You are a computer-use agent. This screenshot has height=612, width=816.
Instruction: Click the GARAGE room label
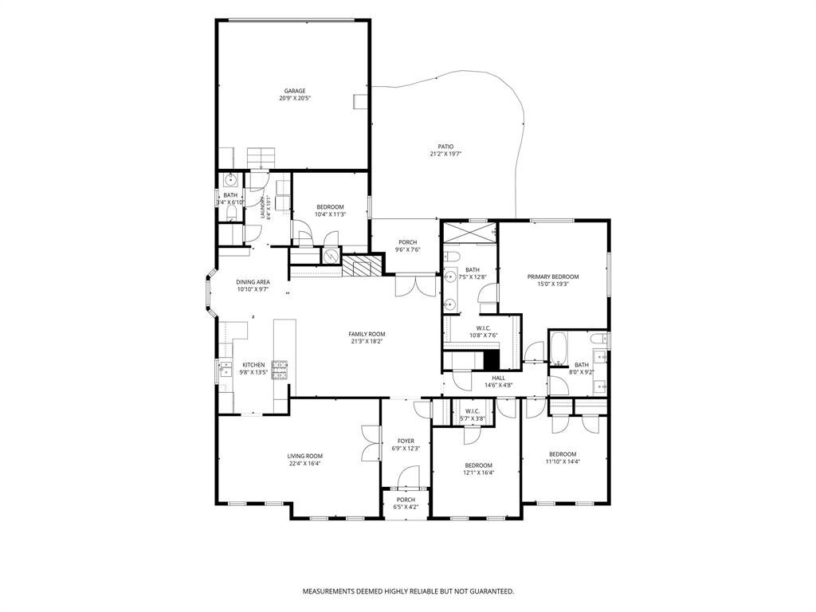click(x=295, y=91)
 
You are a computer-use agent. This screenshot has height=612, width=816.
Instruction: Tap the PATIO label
click(x=446, y=147)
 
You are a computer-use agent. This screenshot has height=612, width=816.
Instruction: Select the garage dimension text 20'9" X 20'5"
click(x=295, y=98)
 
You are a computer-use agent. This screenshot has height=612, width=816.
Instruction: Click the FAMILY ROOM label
click(x=367, y=334)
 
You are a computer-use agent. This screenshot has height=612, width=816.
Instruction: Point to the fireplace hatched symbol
click(x=363, y=265)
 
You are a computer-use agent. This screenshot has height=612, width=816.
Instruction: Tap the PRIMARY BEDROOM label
click(x=553, y=277)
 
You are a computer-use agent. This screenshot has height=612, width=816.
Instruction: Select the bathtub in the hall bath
click(x=558, y=348)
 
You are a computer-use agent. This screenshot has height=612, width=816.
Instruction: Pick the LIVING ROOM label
click(x=305, y=456)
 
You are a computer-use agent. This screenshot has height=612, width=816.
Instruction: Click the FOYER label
click(x=406, y=441)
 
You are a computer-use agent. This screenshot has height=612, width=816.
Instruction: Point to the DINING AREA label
click(x=253, y=282)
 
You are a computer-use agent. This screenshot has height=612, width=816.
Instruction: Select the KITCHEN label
click(x=253, y=365)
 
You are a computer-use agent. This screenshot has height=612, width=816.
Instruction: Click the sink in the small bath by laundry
click(x=230, y=180)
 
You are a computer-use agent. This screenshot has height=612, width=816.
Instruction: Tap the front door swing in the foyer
click(x=408, y=477)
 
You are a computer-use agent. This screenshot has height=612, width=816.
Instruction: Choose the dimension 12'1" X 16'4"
click(x=478, y=473)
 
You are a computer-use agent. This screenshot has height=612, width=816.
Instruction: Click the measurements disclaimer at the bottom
click(x=409, y=591)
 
